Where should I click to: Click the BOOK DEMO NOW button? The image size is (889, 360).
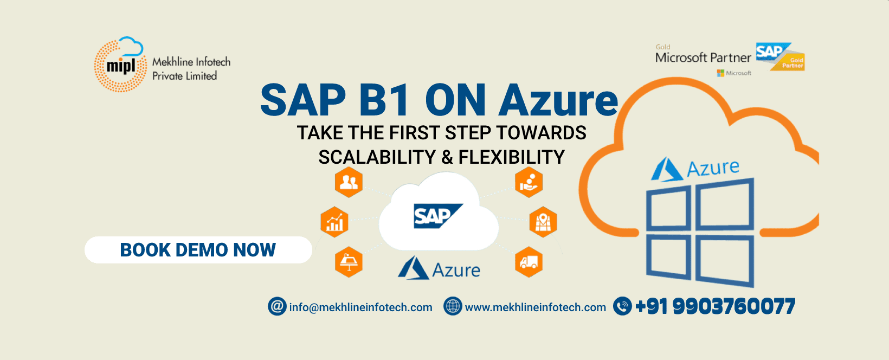198,249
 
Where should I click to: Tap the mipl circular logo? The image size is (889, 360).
120,65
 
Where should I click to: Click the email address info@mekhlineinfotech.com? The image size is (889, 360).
360,307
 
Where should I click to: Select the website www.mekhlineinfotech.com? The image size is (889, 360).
536,307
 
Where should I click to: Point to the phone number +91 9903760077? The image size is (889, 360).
715,306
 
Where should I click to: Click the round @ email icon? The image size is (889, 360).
277,306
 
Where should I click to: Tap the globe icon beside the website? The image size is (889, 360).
453,306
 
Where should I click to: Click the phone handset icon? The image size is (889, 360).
622,306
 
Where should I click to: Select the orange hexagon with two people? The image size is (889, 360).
349,182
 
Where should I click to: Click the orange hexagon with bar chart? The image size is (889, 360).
334,222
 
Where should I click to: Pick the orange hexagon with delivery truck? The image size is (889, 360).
529,262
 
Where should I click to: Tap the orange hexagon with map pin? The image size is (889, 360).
543,222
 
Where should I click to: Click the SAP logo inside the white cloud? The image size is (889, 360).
438,216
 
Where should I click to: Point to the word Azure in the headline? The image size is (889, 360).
558,100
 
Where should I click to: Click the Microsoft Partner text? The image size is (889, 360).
703,58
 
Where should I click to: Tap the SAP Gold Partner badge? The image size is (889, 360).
780,56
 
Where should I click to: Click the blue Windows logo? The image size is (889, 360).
700,233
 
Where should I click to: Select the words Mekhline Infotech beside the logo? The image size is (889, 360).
191,62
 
